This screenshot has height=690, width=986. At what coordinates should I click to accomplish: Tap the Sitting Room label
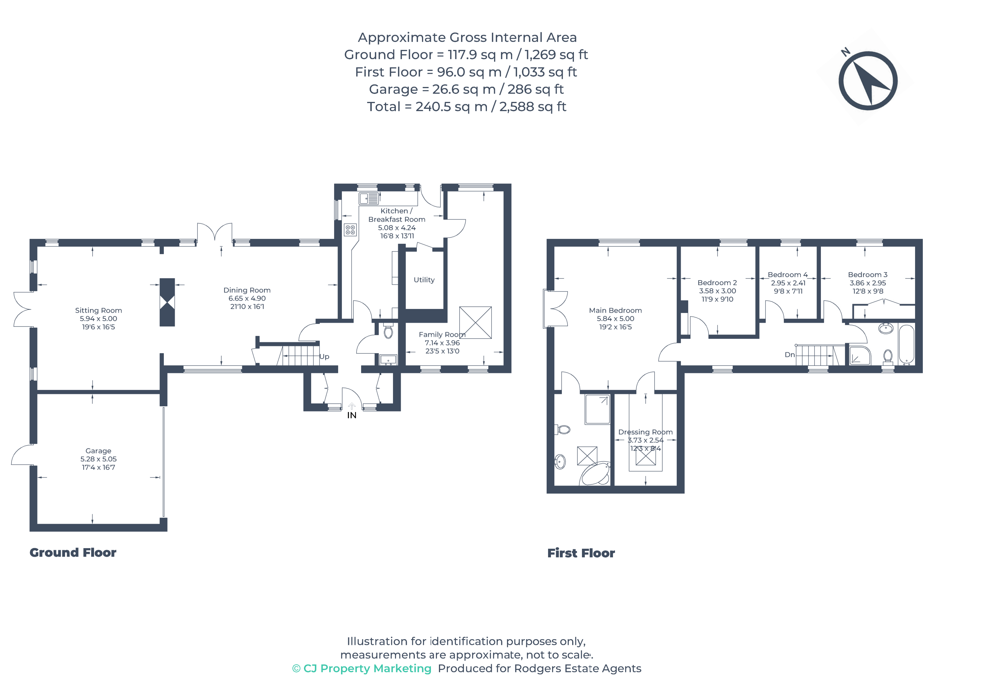coord(98,310)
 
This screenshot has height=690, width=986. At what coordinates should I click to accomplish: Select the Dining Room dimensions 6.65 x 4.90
coord(247,298)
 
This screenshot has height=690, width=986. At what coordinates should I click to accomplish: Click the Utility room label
coord(424,280)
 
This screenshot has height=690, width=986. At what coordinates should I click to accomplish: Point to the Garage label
coord(98,451)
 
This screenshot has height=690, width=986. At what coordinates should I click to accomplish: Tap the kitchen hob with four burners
coord(350,230)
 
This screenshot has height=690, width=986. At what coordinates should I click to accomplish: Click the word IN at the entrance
coord(352,415)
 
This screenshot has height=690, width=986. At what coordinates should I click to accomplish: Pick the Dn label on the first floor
coord(789,355)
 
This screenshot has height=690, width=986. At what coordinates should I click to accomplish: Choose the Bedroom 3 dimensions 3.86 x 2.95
coord(868,283)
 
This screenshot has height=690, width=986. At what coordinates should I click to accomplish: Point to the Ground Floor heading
coord(73,553)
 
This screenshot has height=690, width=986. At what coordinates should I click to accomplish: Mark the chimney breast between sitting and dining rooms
coord(167,302)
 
